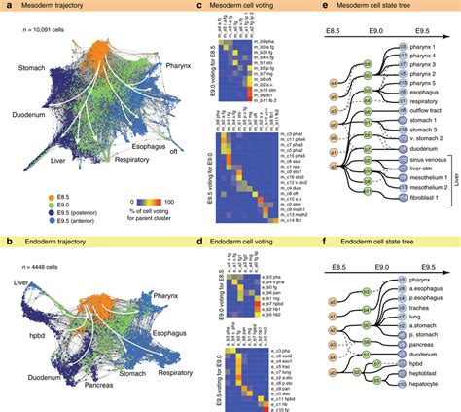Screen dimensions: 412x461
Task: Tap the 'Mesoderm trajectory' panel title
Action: (x=54, y=7)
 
